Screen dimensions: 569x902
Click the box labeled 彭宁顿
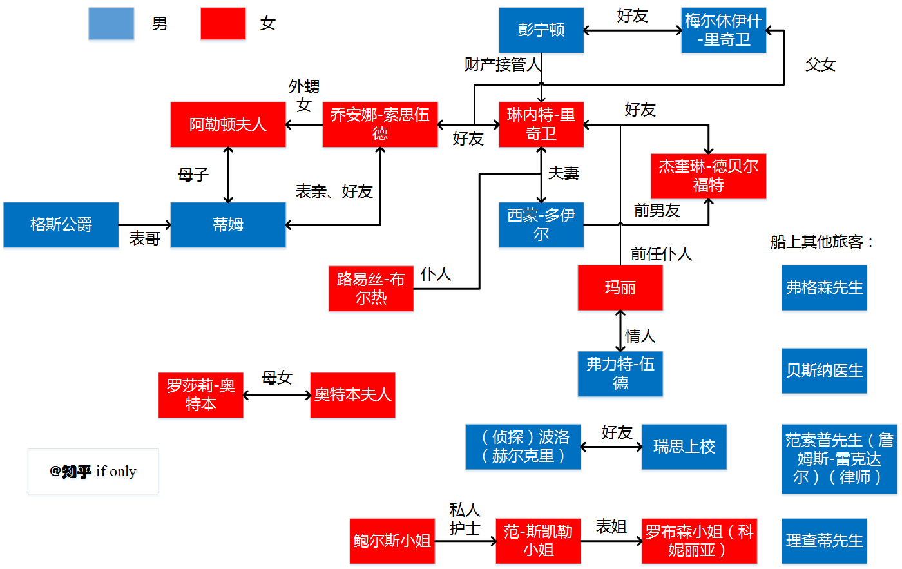pos(541,30)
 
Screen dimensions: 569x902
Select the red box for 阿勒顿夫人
pos(228,124)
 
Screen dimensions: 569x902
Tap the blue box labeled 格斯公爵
pos(61,225)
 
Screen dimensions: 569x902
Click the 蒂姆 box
pos(228,225)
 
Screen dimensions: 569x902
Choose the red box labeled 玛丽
pos(620,287)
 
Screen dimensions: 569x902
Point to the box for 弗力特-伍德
pos(620,374)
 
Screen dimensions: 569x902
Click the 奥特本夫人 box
pos(352,395)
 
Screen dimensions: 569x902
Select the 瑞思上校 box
pos(684,447)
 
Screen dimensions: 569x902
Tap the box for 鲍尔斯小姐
pos(392,541)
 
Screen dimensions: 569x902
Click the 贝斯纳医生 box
pos(824,371)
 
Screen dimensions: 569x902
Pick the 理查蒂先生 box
pos(824,541)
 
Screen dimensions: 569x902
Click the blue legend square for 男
pos(111,24)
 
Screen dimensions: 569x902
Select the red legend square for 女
pos(223,24)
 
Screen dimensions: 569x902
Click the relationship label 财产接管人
pos(503,64)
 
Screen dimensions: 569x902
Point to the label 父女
pos(820,64)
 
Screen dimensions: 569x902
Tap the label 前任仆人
pos(661,254)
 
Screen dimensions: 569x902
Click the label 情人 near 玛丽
pos(640,336)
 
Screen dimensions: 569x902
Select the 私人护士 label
pos(465,519)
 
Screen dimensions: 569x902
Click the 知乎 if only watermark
pos(93,472)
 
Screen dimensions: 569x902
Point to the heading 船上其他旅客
pos(822,242)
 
